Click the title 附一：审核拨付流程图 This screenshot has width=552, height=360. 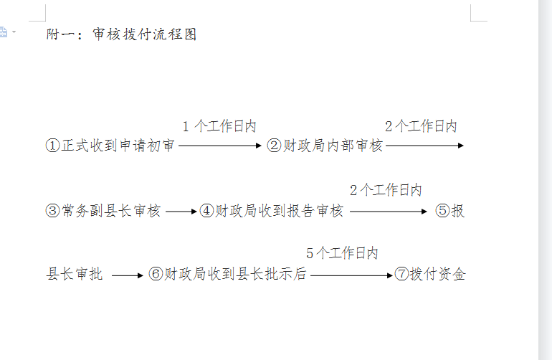[x=121, y=34]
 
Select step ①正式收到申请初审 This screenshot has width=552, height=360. [x=110, y=145]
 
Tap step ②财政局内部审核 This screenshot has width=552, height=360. [x=325, y=145]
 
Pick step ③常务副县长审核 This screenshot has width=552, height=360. [x=103, y=211]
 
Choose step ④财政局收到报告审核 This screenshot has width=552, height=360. [x=272, y=211]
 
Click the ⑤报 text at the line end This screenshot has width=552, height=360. [x=450, y=211]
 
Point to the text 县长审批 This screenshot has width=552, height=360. [x=75, y=274]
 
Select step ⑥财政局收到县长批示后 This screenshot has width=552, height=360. [x=227, y=274]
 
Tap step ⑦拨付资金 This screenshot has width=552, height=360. [x=430, y=274]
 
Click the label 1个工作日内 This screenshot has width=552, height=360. [x=219, y=126]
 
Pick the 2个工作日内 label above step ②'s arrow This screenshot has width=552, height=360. [x=421, y=126]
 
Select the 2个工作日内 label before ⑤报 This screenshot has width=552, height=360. [x=386, y=190]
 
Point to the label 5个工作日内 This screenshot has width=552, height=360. [x=342, y=253]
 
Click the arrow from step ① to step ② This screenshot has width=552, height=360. [x=220, y=145]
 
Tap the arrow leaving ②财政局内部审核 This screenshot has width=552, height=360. [x=424, y=145]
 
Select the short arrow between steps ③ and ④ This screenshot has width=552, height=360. [x=181, y=212]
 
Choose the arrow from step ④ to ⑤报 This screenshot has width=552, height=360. [x=389, y=212]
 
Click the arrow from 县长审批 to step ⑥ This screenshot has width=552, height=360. [x=128, y=275]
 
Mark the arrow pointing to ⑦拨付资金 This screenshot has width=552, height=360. [x=351, y=275]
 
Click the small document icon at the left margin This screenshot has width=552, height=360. [x=3, y=32]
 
